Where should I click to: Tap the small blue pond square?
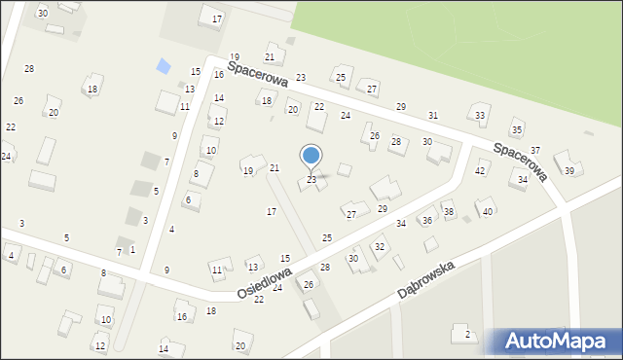click(x=164, y=66)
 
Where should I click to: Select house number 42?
click(x=480, y=171)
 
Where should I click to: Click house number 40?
click(x=488, y=211)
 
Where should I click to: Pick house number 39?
click(x=569, y=171)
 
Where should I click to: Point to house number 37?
click(x=535, y=150)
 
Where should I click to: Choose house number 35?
click(x=517, y=130)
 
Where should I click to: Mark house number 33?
click(x=480, y=116)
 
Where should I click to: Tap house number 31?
click(x=433, y=116)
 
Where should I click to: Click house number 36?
click(x=426, y=221)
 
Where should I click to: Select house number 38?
click(x=449, y=211)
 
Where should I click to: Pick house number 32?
click(x=380, y=247)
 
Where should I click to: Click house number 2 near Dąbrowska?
click(x=468, y=335)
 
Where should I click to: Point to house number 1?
click(x=132, y=250)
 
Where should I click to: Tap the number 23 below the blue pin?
click(x=311, y=180)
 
